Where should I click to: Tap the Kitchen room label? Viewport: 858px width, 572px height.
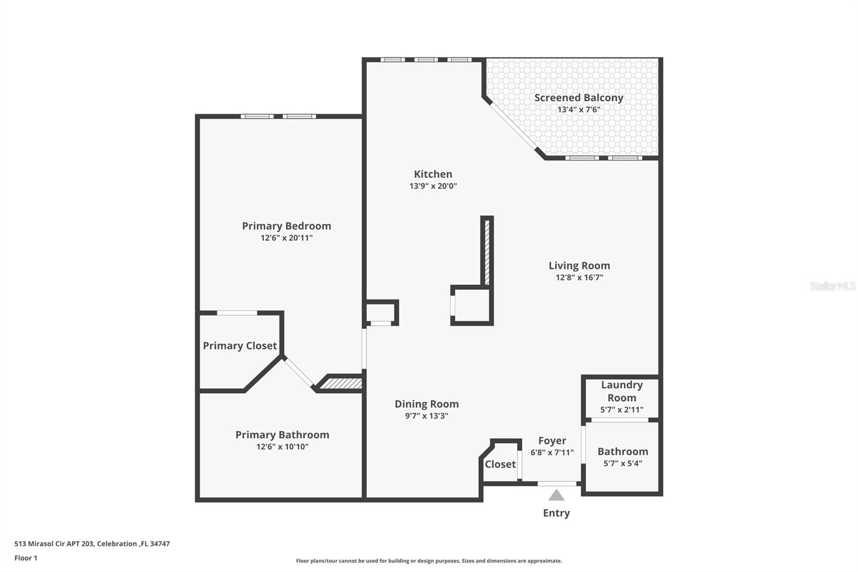coord(433,174)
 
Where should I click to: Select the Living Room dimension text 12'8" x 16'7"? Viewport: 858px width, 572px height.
coord(579,277)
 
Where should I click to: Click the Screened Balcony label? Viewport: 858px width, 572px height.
coord(579,98)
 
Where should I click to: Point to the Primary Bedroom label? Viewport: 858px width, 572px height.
coord(286,226)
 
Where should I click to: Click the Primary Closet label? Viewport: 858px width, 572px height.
coord(240,346)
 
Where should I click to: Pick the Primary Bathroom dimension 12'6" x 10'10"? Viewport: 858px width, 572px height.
coord(282,446)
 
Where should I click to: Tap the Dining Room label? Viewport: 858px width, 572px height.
coord(426,404)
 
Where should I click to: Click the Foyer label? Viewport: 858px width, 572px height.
coord(552,441)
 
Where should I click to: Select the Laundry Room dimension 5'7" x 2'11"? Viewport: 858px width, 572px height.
coord(622,409)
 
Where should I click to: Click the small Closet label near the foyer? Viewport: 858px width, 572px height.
coord(500,464)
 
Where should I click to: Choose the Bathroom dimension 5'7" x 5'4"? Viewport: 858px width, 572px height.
coord(623,463)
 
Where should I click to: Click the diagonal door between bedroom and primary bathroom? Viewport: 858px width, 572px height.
coord(299,372)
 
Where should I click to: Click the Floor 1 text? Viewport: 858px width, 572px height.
coord(26,558)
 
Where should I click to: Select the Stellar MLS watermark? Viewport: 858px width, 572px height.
coord(832,286)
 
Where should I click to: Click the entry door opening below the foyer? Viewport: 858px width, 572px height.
coord(557,483)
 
